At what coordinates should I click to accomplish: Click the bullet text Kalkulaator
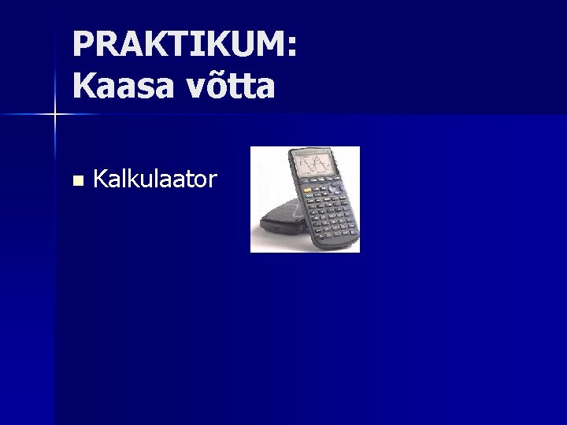pos(154,179)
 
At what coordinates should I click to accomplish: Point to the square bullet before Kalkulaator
pos(76,180)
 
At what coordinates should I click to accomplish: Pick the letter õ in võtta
pos(216,86)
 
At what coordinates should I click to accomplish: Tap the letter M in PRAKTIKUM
pos(271,45)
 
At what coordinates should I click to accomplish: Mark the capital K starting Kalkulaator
pos(99,179)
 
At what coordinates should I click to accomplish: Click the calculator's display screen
pos(319,164)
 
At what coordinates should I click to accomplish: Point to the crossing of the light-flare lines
pos(55,115)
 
